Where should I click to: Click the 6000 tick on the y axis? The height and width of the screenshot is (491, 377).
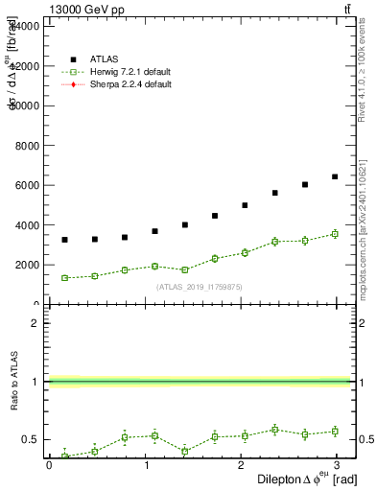pyautogui.click(x=27, y=185)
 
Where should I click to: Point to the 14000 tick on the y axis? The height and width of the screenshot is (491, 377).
pyautogui.click(x=24, y=26)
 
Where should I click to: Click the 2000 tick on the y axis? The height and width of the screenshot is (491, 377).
pyautogui.click(x=27, y=265)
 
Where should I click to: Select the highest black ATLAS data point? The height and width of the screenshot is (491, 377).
pyautogui.click(x=335, y=176)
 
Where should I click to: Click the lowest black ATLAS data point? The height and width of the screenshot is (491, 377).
pyautogui.click(x=64, y=240)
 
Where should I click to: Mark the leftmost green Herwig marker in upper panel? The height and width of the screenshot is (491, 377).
pyautogui.click(x=64, y=278)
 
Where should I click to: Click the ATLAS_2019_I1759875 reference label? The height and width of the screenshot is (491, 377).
pyautogui.click(x=198, y=287)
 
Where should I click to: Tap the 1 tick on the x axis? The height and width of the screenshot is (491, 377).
pyautogui.click(x=147, y=465)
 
